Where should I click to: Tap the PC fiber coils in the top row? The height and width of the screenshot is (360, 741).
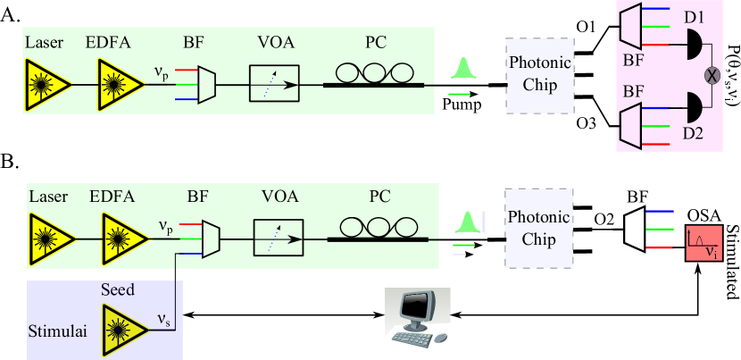click(374, 73)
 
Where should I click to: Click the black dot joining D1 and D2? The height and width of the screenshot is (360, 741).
click(712, 75)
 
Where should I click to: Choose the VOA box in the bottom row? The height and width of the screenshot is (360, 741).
click(279, 239)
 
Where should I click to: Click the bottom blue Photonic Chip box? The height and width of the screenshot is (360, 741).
click(539, 228)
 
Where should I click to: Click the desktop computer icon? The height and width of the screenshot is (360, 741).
click(417, 316)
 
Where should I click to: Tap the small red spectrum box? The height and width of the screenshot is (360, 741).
click(704, 244)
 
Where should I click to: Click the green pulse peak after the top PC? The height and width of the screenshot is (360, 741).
click(462, 68)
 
